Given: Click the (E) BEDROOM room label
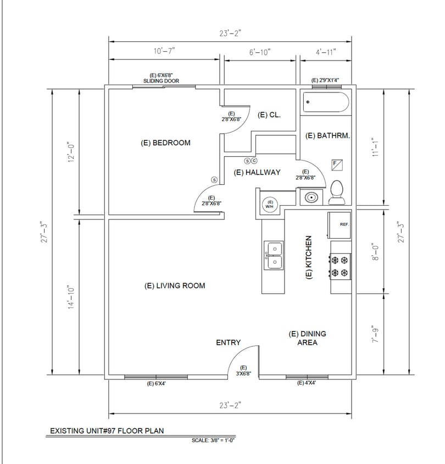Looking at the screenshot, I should pyautogui.click(x=166, y=143).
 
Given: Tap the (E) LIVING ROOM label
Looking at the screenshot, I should pyautogui.click(x=175, y=285).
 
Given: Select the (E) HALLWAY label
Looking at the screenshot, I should pyautogui.click(x=257, y=172).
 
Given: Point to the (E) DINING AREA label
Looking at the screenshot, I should pyautogui.click(x=307, y=338).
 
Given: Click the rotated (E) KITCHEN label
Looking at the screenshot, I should pyautogui.click(x=309, y=257).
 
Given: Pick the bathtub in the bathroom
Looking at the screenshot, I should pyautogui.click(x=326, y=103).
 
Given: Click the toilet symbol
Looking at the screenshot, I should pyautogui.click(x=336, y=191).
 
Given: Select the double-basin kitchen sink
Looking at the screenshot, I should pyautogui.click(x=273, y=256).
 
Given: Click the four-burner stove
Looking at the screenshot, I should pyautogui.click(x=341, y=266).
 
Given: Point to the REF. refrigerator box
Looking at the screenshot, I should pyautogui.click(x=340, y=225).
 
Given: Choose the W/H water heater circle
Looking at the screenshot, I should pyautogui.click(x=270, y=204).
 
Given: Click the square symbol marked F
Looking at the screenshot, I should pyautogui.click(x=337, y=164).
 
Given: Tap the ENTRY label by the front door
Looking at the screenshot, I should pyautogui.click(x=228, y=343).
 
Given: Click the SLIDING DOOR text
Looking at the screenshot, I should pyautogui.click(x=158, y=81).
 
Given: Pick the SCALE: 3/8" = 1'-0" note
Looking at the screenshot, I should pyautogui.click(x=214, y=440).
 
